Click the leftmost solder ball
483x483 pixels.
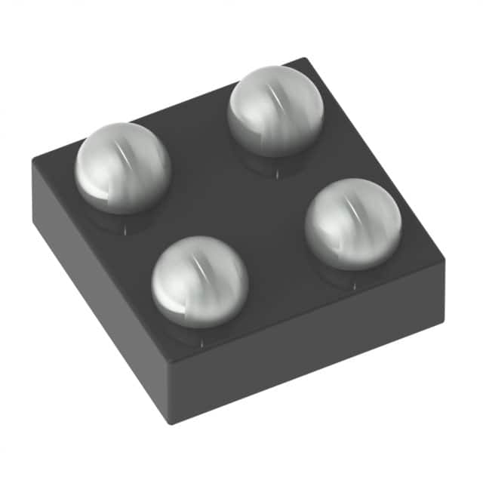[x=122, y=168]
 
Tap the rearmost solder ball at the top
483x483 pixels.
[x=275, y=110]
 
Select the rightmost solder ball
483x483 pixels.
[x=353, y=223]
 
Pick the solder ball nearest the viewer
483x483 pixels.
[x=200, y=281]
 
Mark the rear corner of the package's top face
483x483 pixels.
[x=303, y=59]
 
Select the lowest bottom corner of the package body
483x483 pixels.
[x=173, y=423]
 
